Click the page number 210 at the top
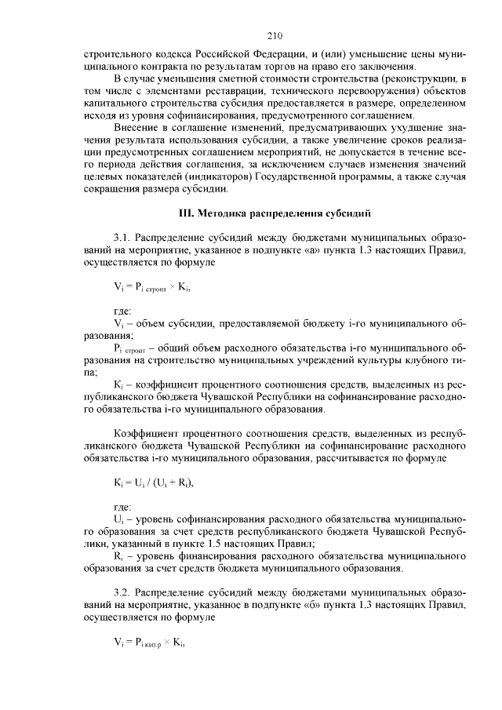(x=274, y=36)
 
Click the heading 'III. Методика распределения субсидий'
(x=274, y=213)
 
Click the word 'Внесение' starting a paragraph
(x=135, y=126)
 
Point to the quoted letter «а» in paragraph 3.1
(x=318, y=250)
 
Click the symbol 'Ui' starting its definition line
(x=118, y=519)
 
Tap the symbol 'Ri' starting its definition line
(x=118, y=555)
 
